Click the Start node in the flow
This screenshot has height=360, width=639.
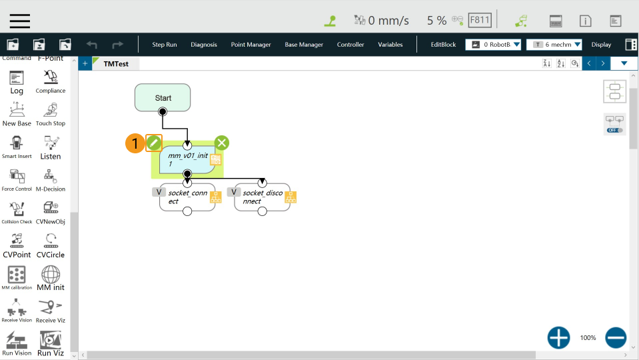163,97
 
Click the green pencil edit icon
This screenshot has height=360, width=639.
154,143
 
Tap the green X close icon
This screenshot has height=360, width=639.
222,143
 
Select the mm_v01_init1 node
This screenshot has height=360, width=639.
187,159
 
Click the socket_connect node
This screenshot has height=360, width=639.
187,197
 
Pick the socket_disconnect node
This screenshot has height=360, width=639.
262,197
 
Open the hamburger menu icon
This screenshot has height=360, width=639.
20,20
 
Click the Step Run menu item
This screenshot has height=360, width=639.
165,45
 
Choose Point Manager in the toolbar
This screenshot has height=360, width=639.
251,45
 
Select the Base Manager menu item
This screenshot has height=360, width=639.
304,45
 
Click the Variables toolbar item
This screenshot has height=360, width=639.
390,45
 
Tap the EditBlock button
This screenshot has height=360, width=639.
443,45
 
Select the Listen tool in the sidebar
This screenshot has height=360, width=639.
51,147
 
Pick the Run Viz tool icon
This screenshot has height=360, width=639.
51,343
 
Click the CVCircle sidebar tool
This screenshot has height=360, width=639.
51,245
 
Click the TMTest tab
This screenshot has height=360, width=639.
116,63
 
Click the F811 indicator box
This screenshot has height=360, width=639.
480,20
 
